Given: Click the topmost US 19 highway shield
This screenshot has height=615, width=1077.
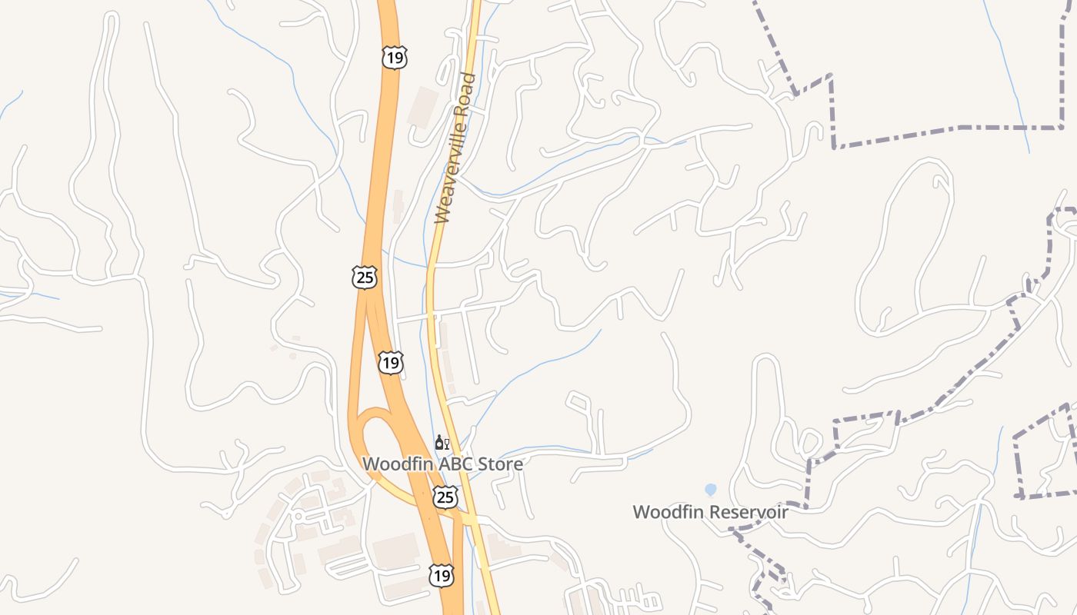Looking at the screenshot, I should pos(393,58).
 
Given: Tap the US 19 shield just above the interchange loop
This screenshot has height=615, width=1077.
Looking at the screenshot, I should pos(391,362).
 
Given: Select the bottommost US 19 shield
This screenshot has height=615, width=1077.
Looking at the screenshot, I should pos(441,574).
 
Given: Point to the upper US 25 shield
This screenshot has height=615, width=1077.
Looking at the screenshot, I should pos(365,278).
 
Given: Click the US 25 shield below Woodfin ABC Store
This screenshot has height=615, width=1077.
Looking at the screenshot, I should pos(445,497).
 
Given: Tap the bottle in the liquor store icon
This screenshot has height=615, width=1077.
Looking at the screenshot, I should pos(438,442).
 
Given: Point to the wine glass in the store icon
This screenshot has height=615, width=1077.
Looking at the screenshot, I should pos(446,444).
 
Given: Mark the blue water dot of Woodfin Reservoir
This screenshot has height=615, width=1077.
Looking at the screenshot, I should pos(710,489).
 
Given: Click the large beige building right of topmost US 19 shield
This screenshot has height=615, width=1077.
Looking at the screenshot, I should pos(423,106).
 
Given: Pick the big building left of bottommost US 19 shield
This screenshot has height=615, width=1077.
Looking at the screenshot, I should pos(396,551).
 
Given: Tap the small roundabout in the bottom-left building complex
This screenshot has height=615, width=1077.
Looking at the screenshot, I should pos(298,517).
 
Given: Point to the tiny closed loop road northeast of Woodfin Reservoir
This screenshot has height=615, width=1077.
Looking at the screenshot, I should pos(809,444).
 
